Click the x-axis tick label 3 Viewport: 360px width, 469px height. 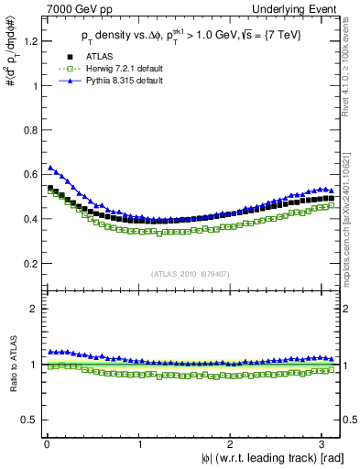tap(326, 443)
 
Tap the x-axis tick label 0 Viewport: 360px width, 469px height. tap(46, 443)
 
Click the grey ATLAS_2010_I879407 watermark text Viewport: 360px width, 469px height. tap(190, 272)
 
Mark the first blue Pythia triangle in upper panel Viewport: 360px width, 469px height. tap(50, 168)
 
